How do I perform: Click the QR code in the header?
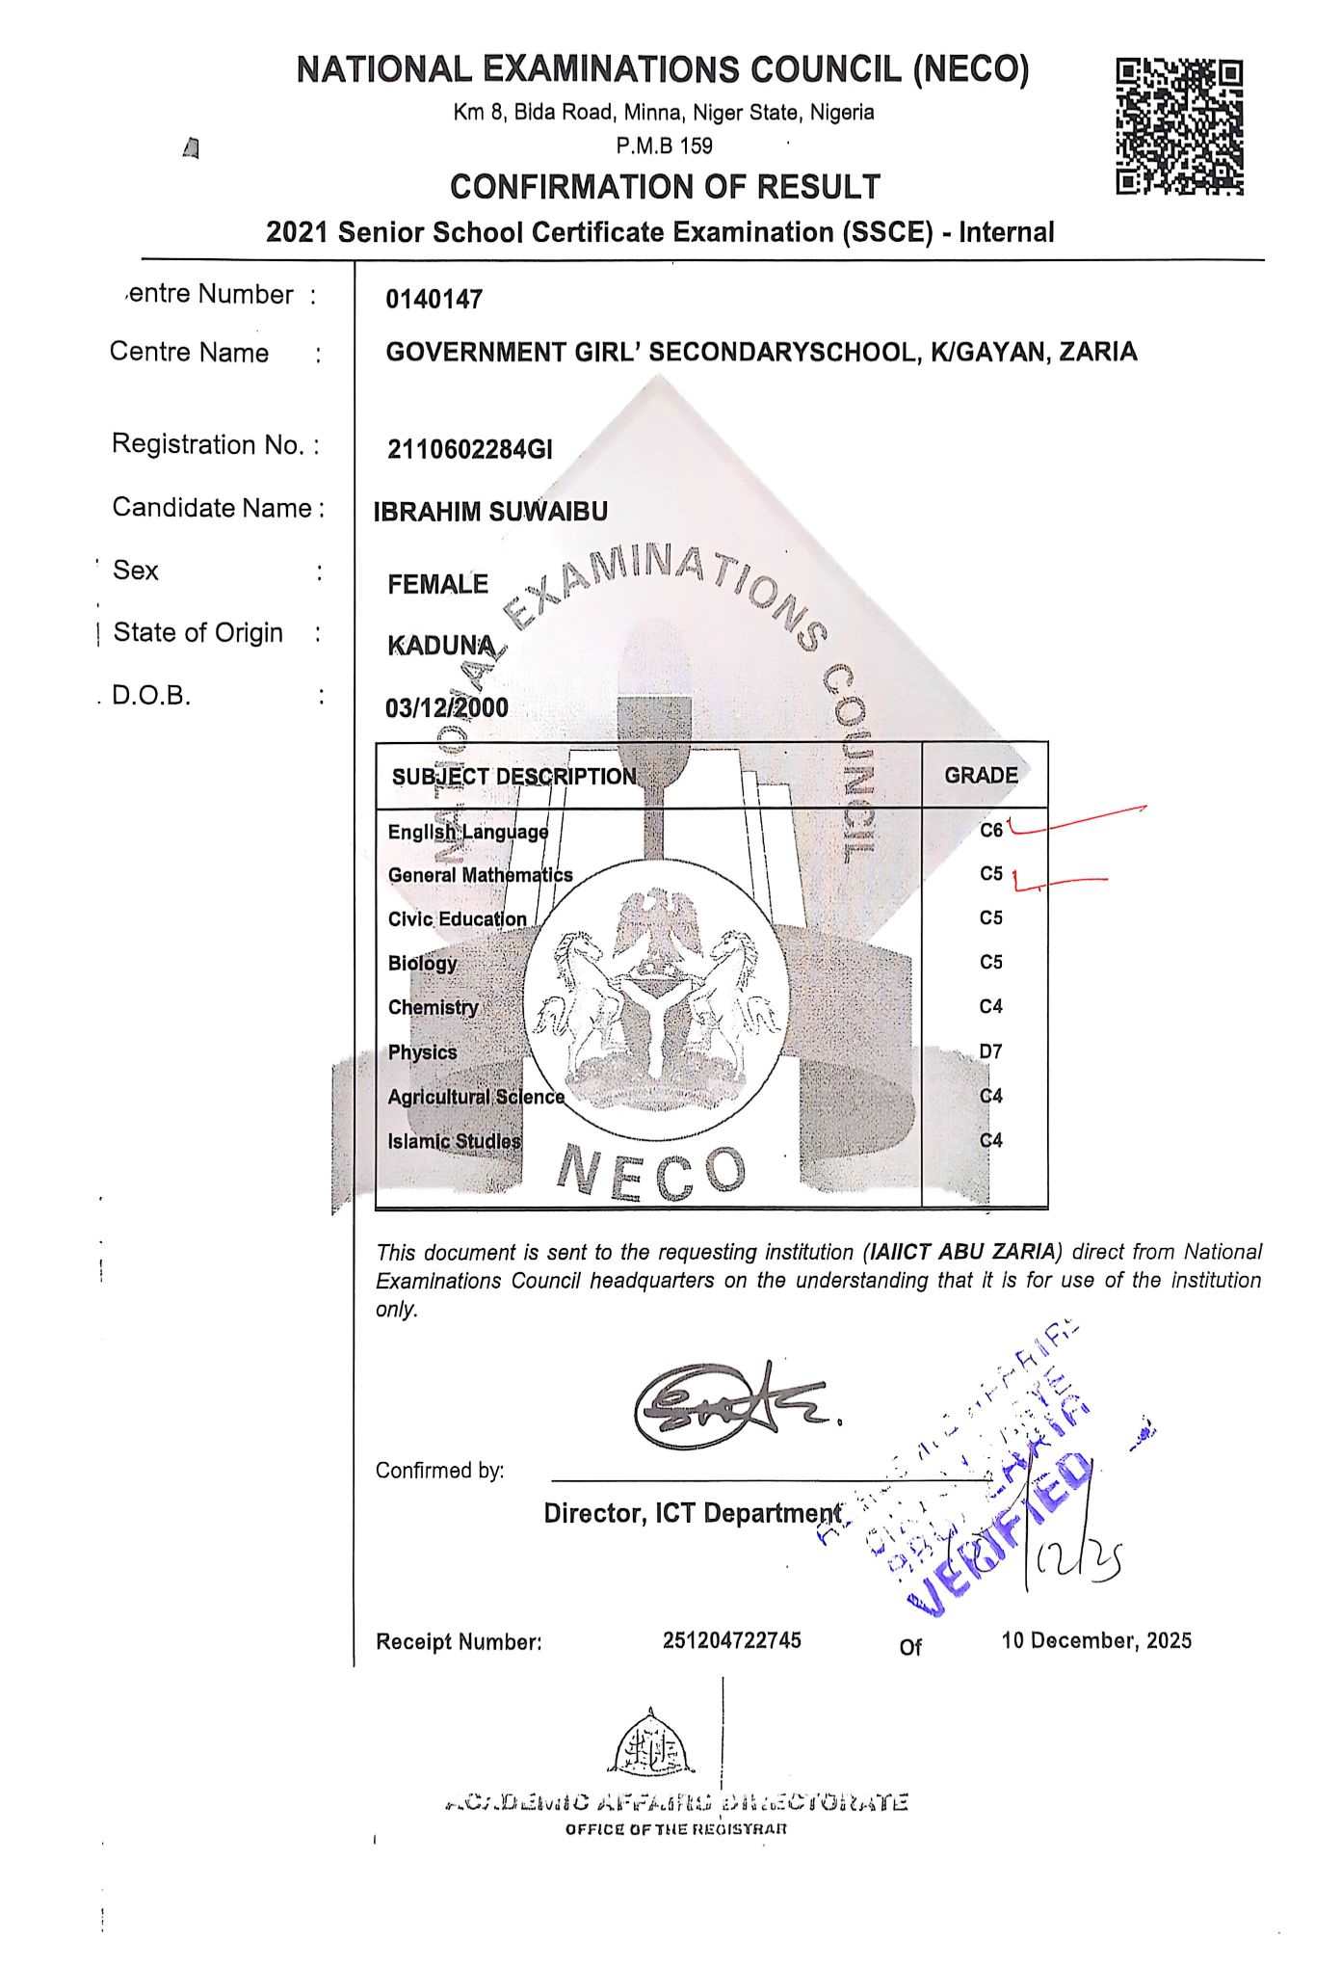(1179, 126)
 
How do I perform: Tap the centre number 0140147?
(434, 300)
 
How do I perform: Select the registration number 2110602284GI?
(470, 449)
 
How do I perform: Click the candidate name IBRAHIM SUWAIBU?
(490, 512)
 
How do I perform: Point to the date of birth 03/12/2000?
(447, 708)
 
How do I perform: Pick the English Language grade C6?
(991, 830)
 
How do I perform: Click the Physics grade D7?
(991, 1051)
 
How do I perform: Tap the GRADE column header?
(981, 776)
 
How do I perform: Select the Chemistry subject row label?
(434, 1008)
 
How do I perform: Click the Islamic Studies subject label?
(454, 1142)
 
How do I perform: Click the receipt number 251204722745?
(731, 1640)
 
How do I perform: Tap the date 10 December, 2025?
(1096, 1640)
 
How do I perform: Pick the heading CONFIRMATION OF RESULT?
(665, 186)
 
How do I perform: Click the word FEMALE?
(437, 585)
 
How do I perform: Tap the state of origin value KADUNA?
(441, 646)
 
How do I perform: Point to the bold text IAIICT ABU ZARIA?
(962, 1253)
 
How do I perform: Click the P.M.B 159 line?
(665, 146)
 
